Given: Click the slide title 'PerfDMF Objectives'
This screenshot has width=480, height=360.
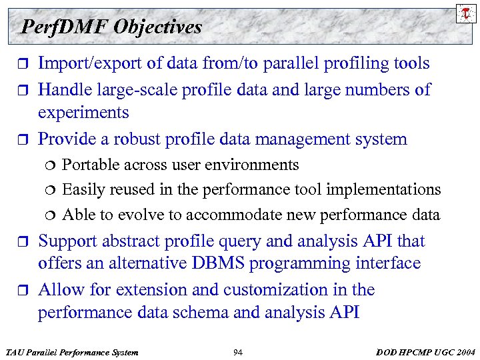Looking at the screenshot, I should (x=111, y=27).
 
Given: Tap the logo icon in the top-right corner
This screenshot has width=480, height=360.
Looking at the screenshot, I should (x=464, y=13).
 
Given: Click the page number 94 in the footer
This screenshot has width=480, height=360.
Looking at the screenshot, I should (x=238, y=351).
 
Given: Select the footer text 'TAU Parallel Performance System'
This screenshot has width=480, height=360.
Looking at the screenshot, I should (x=71, y=351).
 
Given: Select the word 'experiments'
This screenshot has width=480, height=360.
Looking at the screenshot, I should (x=83, y=113).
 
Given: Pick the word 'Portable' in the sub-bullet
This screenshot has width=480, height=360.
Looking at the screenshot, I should (x=91, y=165).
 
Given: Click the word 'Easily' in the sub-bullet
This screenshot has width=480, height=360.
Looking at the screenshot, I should (x=83, y=190).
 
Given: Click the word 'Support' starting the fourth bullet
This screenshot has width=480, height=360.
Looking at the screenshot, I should (x=67, y=241).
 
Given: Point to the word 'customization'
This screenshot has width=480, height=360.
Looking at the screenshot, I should (x=280, y=290).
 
